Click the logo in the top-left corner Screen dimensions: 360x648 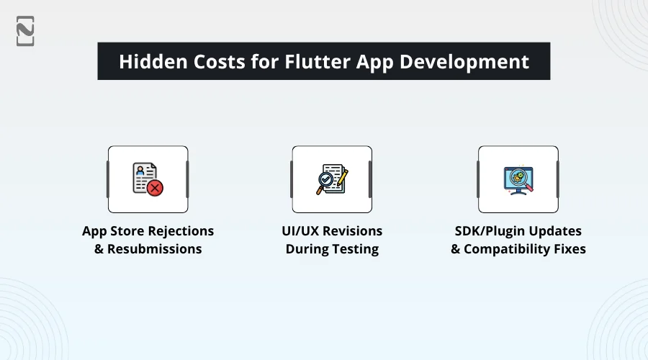(25, 31)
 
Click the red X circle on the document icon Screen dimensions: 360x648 (154, 188)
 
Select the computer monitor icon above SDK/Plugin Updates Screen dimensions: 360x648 (518, 179)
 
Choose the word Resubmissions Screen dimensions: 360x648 (155, 249)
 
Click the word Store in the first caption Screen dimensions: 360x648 (128, 231)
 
